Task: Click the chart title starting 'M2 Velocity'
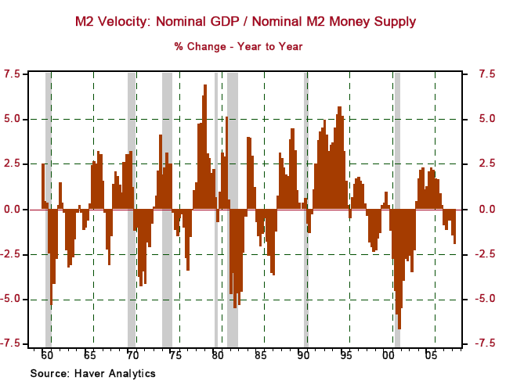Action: coord(245,22)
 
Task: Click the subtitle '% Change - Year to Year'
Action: coord(238,47)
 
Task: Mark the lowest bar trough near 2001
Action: coord(399,328)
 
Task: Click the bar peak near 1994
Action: coord(339,108)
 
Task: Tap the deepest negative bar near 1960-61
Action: coord(51,304)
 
